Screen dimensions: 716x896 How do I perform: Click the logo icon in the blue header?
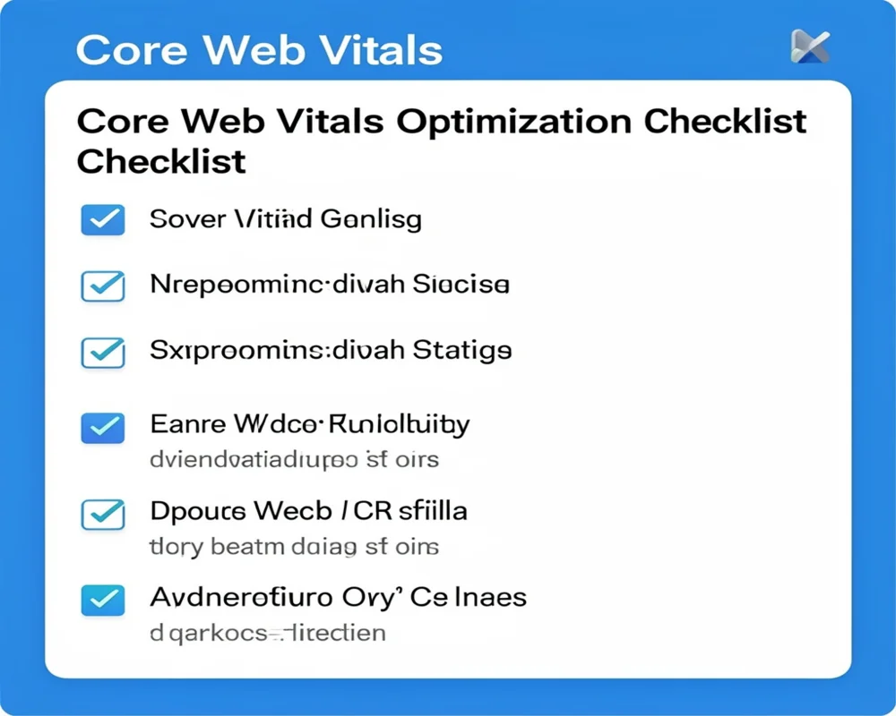(810, 47)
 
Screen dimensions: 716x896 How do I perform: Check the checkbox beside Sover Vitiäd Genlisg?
(103, 219)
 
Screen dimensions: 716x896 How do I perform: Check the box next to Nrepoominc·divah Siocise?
(103, 286)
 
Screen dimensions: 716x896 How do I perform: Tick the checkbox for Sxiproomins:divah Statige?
(103, 352)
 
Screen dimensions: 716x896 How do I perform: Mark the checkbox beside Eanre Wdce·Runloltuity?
(103, 427)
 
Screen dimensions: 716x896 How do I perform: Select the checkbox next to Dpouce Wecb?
(103, 514)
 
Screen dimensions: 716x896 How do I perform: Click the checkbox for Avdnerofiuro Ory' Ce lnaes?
(103, 600)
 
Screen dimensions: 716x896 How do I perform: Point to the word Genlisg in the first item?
(370, 219)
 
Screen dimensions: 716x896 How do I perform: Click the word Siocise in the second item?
(461, 286)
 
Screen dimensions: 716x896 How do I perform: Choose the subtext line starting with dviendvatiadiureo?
(294, 460)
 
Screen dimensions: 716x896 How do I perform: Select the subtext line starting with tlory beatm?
(294, 546)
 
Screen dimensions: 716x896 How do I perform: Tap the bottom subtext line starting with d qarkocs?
(267, 634)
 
